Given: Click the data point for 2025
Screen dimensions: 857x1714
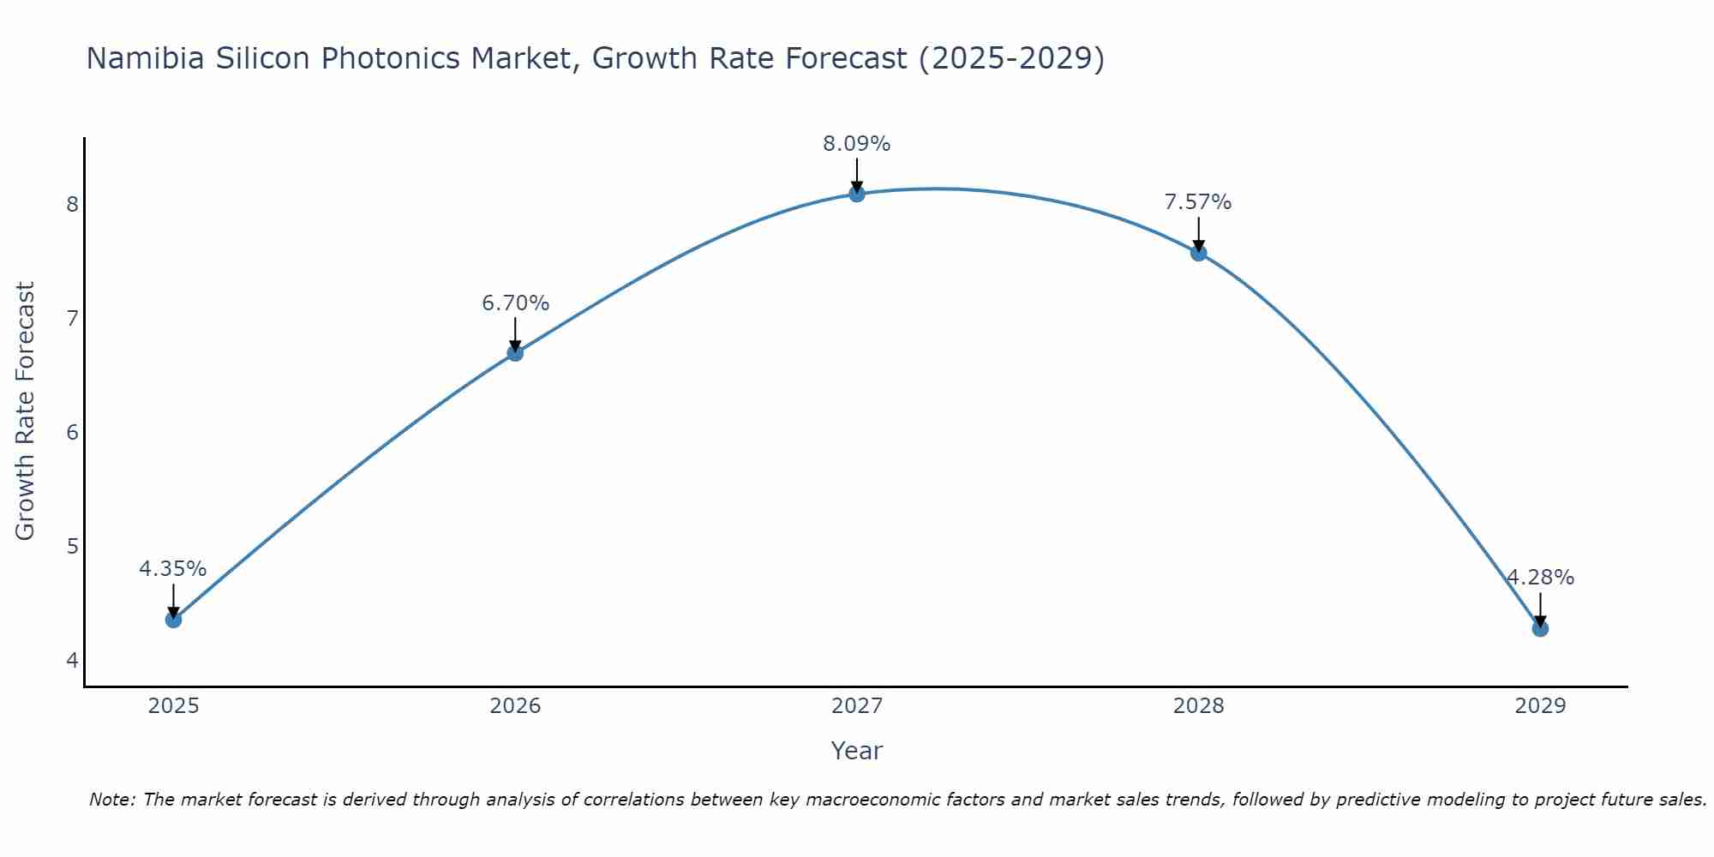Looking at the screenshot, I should pos(173,620).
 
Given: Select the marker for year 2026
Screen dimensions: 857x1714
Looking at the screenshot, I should pos(515,352).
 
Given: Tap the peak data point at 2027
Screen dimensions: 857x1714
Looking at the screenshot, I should pos(857,194).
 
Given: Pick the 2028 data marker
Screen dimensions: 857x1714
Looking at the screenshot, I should pos(1199,253).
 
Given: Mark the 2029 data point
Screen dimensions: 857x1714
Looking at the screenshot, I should pos(1540,628).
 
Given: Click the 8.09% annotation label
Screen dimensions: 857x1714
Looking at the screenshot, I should pos(857,144).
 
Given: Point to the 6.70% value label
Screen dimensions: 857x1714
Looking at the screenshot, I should pos(515,303).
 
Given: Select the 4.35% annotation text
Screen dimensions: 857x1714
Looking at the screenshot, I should pos(173,569).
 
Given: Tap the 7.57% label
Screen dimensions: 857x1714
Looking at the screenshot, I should pos(1198,202).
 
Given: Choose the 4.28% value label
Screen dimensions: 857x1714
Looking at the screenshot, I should pos(1540,578).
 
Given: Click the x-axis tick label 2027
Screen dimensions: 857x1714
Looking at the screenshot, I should pos(857,706).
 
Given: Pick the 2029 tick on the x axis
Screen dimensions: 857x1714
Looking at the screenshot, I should pos(1540,706).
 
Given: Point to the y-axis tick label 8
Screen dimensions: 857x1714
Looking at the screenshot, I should pos(72,204).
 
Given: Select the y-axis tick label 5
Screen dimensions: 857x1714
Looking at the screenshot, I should pos(72,546).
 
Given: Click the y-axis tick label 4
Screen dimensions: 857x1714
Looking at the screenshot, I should pos(72,660).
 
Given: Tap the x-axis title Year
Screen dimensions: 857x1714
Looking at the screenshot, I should pos(857,751).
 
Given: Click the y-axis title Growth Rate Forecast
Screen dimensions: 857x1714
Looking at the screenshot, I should pos(26,411).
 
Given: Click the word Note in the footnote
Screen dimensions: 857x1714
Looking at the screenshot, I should pos(111,800).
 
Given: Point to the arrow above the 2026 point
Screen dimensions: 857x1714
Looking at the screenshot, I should pos(515,333).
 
